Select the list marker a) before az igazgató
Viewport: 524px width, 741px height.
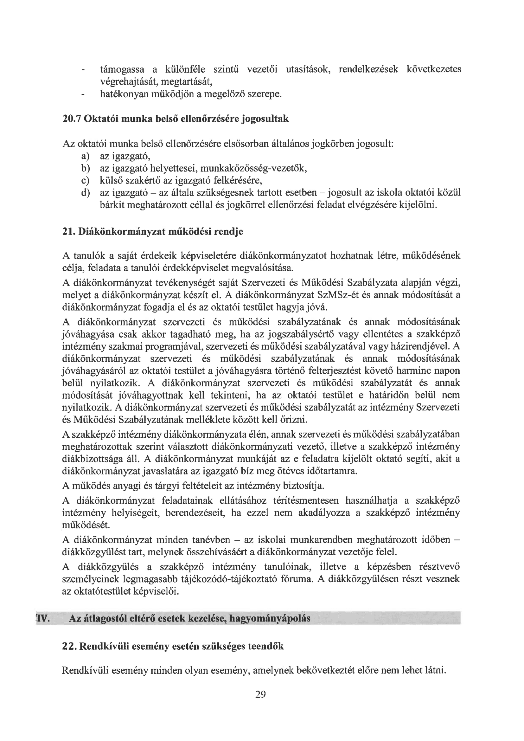85,157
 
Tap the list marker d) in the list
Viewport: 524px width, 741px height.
85,193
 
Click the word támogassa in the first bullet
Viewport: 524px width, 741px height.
122,69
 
